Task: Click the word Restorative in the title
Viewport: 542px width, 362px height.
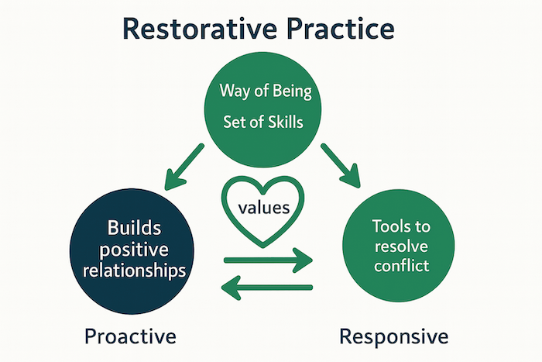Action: pyautogui.click(x=200, y=29)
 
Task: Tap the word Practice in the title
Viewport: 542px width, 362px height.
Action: pyautogui.click(x=341, y=29)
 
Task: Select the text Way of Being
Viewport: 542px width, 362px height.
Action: pyautogui.click(x=266, y=91)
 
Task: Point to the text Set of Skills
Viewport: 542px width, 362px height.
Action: pyautogui.click(x=263, y=122)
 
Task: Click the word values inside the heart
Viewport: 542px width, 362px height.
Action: pyautogui.click(x=264, y=208)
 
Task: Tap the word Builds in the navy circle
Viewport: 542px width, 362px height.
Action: pyautogui.click(x=134, y=228)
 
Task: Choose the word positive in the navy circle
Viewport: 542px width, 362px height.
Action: pyautogui.click(x=134, y=250)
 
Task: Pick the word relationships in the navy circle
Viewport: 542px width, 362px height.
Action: pyautogui.click(x=134, y=271)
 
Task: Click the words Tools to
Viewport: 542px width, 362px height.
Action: pyautogui.click(x=401, y=226)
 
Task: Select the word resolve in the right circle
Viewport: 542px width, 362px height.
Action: pyautogui.click(x=401, y=247)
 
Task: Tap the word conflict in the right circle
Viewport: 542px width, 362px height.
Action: pyautogui.click(x=401, y=266)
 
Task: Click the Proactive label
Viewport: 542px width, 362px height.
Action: pyautogui.click(x=130, y=336)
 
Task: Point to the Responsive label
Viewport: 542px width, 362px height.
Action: pyautogui.click(x=393, y=336)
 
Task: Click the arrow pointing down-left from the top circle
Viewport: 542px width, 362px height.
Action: pyautogui.click(x=184, y=167)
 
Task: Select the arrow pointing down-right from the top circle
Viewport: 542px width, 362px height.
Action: pyautogui.click(x=341, y=165)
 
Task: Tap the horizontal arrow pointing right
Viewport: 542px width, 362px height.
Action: pyautogui.click(x=268, y=260)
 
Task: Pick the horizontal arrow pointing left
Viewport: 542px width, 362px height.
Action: pyautogui.click(x=267, y=288)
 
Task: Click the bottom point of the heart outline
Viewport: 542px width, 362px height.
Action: pyautogui.click(x=262, y=247)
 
